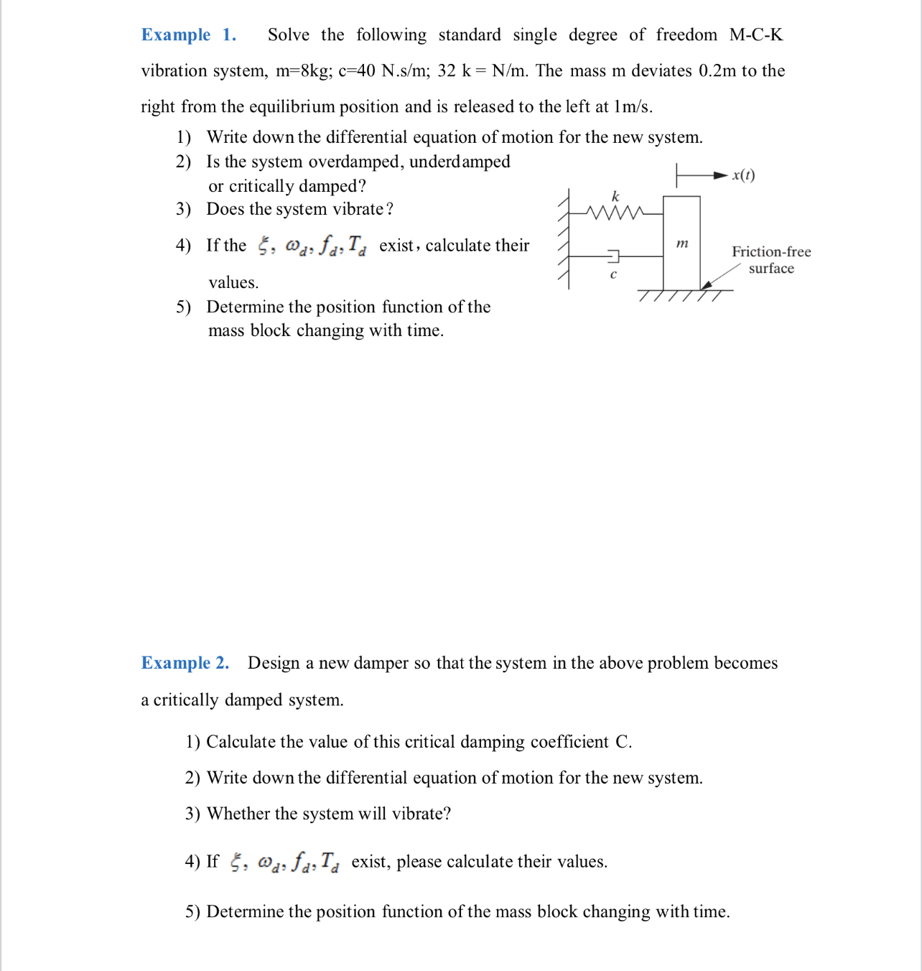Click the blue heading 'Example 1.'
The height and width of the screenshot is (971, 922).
pos(188,35)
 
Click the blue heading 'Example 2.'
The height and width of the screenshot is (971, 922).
pos(185,663)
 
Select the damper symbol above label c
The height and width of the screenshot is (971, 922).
pos(613,256)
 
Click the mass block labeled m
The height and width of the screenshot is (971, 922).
pos(681,243)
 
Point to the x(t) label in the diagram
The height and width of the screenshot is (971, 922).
pos(743,175)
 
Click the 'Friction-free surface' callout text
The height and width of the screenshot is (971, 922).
pos(771,260)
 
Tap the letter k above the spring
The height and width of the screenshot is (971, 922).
pos(615,196)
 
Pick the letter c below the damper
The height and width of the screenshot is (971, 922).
pos(613,274)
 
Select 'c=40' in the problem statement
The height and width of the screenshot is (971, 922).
pos(357,71)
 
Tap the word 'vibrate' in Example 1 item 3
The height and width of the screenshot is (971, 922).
pos(358,209)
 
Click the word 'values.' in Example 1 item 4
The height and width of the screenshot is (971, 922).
pos(233,282)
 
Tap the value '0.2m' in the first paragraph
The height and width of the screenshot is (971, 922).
pos(717,71)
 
